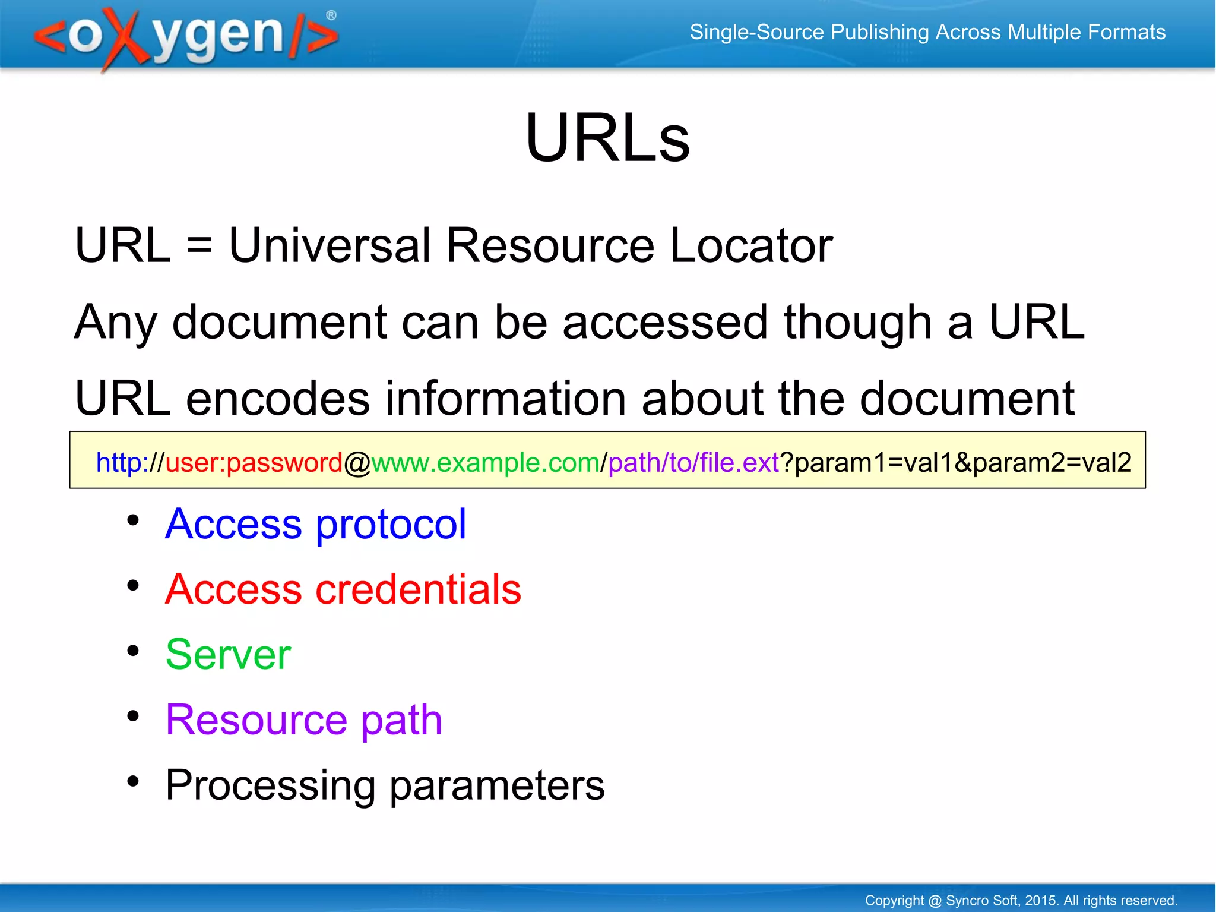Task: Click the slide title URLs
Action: point(607,138)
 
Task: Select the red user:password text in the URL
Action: point(254,462)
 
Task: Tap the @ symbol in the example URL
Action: point(357,463)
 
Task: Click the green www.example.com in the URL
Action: point(486,462)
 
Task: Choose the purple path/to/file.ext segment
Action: point(693,462)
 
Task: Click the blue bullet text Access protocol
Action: point(315,524)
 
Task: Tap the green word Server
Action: point(228,654)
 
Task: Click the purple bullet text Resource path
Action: point(303,719)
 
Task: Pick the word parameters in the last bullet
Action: point(497,785)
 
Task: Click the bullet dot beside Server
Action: point(133,651)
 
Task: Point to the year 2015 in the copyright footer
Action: point(1041,900)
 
